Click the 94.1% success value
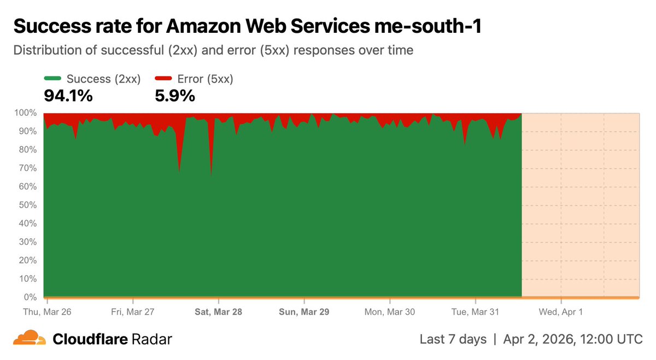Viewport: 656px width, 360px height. point(68,96)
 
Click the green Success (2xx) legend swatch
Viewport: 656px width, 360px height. point(52,79)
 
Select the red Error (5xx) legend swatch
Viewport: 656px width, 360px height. point(163,79)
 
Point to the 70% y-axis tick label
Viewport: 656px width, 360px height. point(26,168)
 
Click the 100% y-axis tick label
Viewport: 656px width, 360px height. point(25,113)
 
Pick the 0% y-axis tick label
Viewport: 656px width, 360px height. point(28,297)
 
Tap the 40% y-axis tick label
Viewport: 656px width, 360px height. point(26,223)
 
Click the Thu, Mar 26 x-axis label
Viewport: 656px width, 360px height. point(47,312)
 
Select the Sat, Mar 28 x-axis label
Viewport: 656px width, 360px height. point(219,312)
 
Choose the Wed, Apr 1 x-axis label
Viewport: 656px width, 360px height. point(561,312)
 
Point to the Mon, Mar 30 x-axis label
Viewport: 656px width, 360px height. point(390,312)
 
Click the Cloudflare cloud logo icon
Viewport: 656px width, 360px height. point(30,338)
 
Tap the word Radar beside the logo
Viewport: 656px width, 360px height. point(152,339)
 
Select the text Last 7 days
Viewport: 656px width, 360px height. point(453,339)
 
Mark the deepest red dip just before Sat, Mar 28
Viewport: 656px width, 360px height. point(211,174)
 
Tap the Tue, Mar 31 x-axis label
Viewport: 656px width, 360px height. point(476,312)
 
